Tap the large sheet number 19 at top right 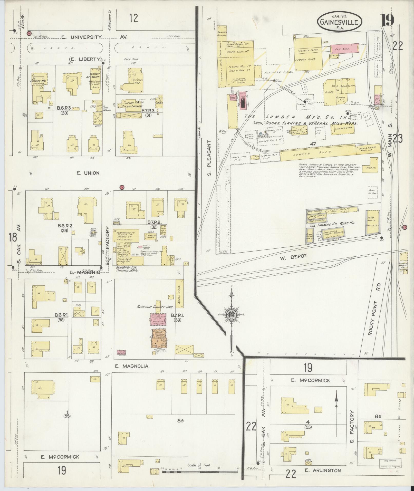click(387, 21)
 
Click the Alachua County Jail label click(156, 307)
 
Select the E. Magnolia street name click(131, 366)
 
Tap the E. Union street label click(88, 173)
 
